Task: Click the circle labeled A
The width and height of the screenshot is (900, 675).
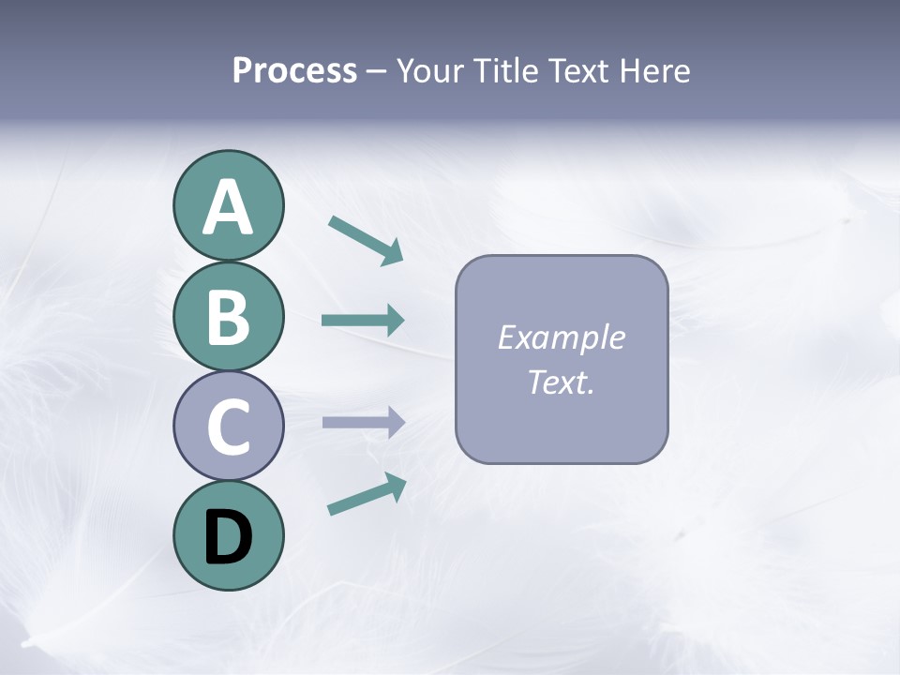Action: (x=228, y=206)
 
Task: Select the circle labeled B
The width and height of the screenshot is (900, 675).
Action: (x=228, y=316)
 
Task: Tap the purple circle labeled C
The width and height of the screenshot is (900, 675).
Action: (x=228, y=426)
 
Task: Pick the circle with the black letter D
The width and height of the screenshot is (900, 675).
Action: (x=228, y=535)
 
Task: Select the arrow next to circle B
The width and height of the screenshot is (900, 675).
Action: (x=362, y=321)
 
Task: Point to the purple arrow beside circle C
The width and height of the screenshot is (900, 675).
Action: (x=362, y=422)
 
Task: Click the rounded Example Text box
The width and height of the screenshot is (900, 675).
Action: (x=562, y=359)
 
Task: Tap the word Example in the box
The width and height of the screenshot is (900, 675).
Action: (x=562, y=337)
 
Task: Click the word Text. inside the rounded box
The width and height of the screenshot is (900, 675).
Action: (x=562, y=382)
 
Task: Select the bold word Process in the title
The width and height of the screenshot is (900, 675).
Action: (x=294, y=71)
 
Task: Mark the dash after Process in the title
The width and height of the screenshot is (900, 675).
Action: (x=377, y=71)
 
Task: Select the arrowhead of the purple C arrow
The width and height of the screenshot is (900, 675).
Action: (x=396, y=422)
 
